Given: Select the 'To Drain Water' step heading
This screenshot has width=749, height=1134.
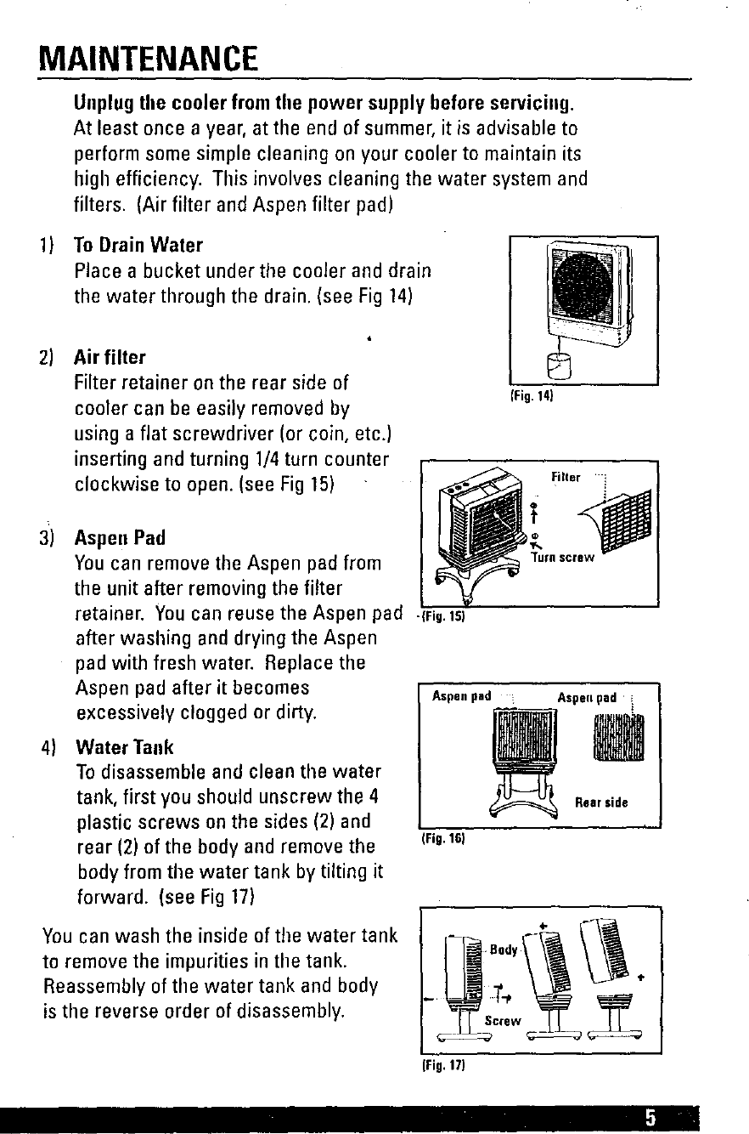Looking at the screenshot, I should [138, 246].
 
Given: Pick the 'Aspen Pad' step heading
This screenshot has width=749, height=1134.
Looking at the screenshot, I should [120, 539].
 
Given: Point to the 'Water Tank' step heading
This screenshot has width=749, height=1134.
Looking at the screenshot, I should [124, 747].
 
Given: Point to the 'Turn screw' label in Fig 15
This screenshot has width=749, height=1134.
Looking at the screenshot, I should [562, 558].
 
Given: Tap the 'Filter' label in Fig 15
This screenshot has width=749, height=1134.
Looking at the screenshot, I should [566, 478].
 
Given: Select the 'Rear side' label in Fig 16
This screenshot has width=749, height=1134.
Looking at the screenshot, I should [601, 802].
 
